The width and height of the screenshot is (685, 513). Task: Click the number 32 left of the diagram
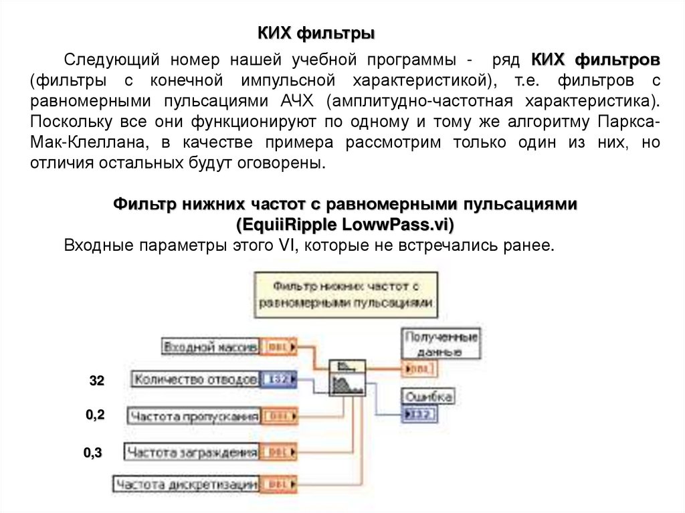97,381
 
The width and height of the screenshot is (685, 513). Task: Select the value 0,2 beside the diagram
95,415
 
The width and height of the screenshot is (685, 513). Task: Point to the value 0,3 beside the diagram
92,453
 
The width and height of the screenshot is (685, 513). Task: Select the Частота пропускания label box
193,417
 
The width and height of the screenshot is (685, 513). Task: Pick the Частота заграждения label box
192,452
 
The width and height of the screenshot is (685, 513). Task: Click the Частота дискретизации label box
187,484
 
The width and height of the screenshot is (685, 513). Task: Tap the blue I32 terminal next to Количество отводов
276,379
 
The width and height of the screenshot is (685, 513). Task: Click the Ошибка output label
428,397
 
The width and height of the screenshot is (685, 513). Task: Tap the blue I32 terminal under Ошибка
419,415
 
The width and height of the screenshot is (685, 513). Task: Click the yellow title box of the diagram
346,294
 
